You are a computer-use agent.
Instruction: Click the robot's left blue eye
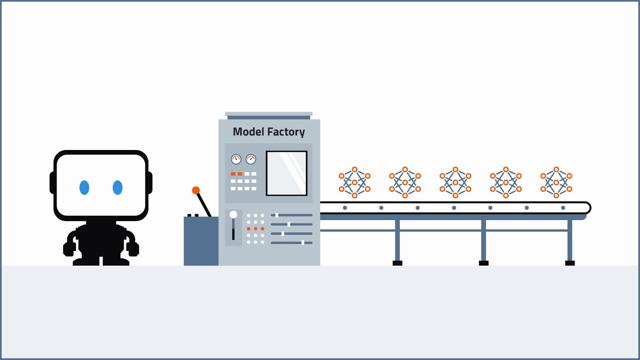[x=84, y=188]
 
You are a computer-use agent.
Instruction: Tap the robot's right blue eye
[x=118, y=188]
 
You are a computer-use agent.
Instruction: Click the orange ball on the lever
[x=196, y=190]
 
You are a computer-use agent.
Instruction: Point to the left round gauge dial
[x=236, y=159]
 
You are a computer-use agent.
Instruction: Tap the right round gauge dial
[x=251, y=159]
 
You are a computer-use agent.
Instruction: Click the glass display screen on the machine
[x=286, y=173]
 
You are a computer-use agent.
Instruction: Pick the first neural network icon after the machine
[x=354, y=182]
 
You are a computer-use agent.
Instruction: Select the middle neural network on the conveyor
[x=456, y=182]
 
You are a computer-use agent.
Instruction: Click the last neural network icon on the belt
[x=556, y=182]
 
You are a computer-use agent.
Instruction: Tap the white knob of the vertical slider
[x=233, y=214]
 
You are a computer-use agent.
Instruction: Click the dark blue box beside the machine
[x=201, y=241]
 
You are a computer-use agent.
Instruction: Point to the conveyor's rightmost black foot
[x=570, y=263]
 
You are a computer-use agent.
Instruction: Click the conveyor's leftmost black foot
[x=398, y=263]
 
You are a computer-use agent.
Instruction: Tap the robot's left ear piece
[x=52, y=183]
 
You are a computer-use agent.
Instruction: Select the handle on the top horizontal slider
[x=276, y=215]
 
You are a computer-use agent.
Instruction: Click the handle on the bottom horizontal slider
[x=303, y=243]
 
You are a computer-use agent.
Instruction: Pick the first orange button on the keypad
[x=233, y=174]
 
